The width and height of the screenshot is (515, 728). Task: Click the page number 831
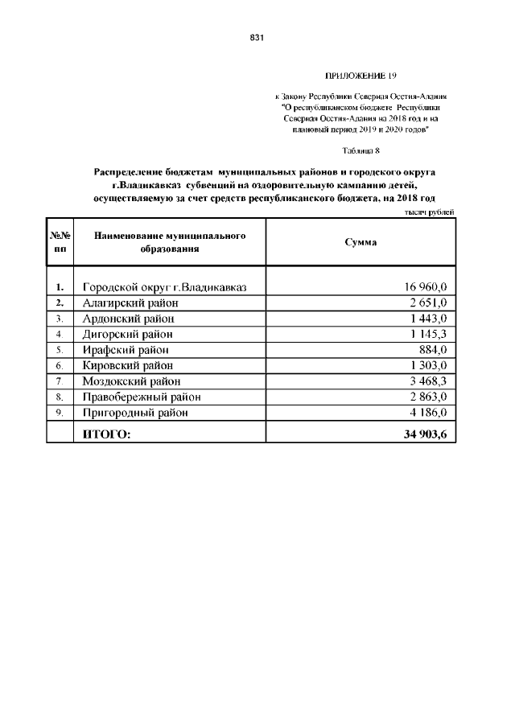tap(257, 38)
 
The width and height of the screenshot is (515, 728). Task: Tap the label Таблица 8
tap(360, 150)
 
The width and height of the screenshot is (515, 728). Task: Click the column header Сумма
tap(360, 242)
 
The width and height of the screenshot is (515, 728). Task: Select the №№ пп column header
tap(60, 242)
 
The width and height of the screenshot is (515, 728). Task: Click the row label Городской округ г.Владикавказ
tap(164, 287)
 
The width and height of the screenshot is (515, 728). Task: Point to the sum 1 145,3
tap(427, 334)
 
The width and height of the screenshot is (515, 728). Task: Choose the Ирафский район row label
tap(126, 350)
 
